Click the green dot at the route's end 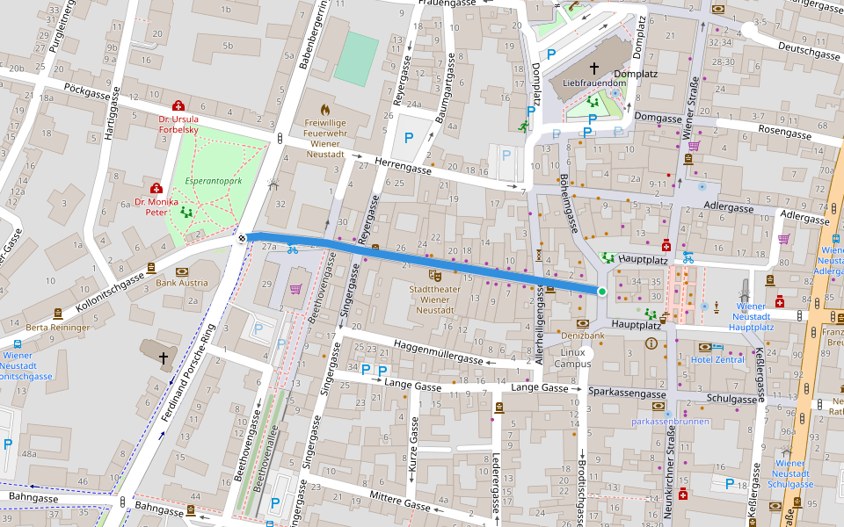click(x=602, y=292)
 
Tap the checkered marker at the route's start click(x=241, y=237)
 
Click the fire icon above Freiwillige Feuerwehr click(x=325, y=110)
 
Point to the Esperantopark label click(x=213, y=181)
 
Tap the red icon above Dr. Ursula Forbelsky click(x=178, y=105)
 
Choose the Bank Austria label click(x=182, y=284)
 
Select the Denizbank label click(x=584, y=336)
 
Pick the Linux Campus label click(x=572, y=357)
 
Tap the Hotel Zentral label click(x=717, y=360)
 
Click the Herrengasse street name click(x=403, y=167)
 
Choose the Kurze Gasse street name click(x=413, y=448)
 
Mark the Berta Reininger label click(x=58, y=328)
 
